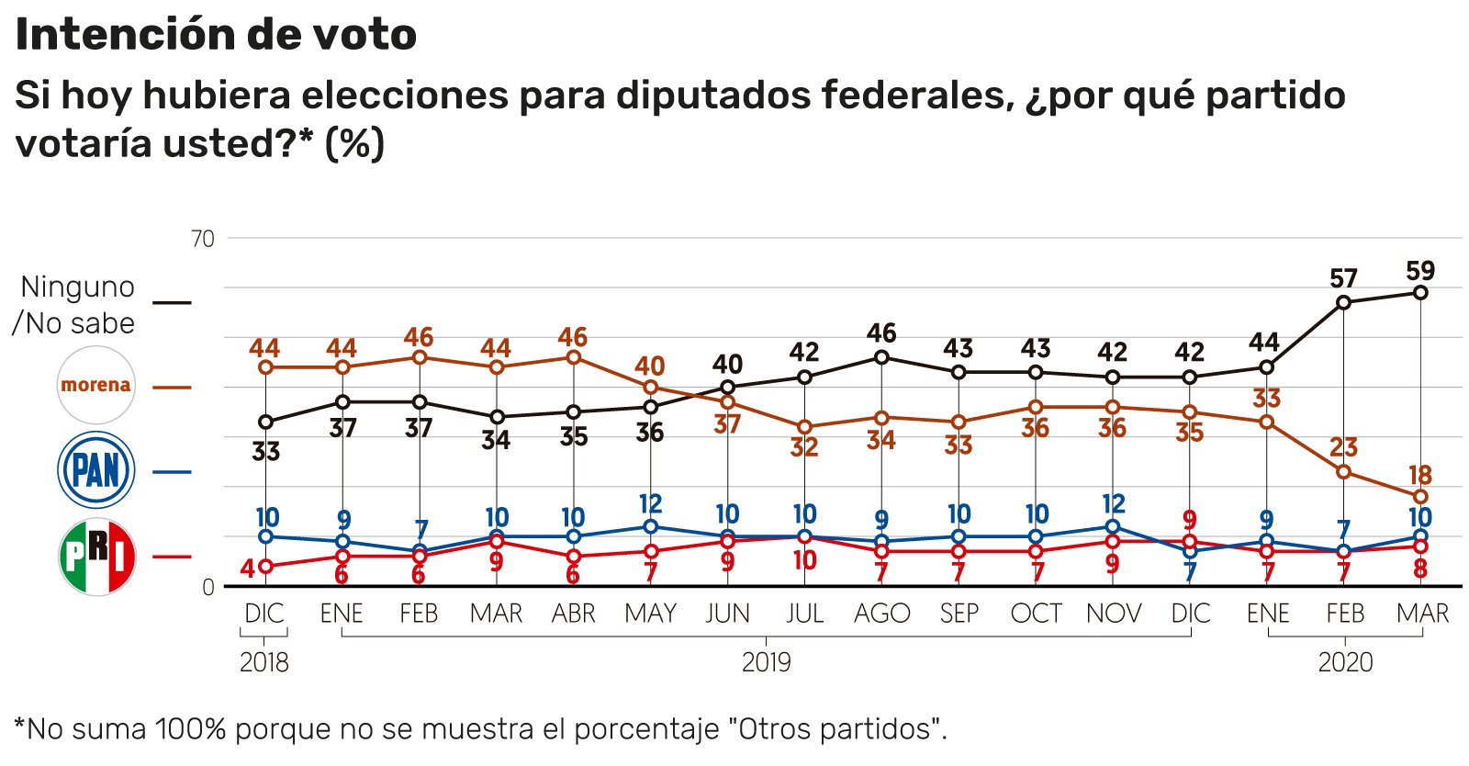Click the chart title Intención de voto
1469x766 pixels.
coord(216,35)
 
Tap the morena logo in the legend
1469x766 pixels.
coord(96,385)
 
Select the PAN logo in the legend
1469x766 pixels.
coord(96,470)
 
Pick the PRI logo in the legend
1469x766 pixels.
coord(96,557)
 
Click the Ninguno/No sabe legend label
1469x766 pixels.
coord(75,305)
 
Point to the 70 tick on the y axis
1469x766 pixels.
coord(203,239)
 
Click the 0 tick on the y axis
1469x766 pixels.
coord(208,587)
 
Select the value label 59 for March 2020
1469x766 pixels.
coord(1420,271)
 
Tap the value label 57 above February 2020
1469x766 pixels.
coord(1343,278)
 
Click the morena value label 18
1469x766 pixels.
coord(1420,475)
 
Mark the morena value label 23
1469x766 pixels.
coord(1343,447)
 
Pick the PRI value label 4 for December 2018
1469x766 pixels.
coord(248,569)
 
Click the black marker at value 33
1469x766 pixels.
coord(266,422)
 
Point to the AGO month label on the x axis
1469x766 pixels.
coord(881,614)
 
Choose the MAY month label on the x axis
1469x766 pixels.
coord(650,614)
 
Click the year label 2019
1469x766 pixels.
coord(766,662)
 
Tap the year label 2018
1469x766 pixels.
coord(264,662)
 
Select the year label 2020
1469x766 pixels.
coord(1345,662)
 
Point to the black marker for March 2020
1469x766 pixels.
coord(1420,293)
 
